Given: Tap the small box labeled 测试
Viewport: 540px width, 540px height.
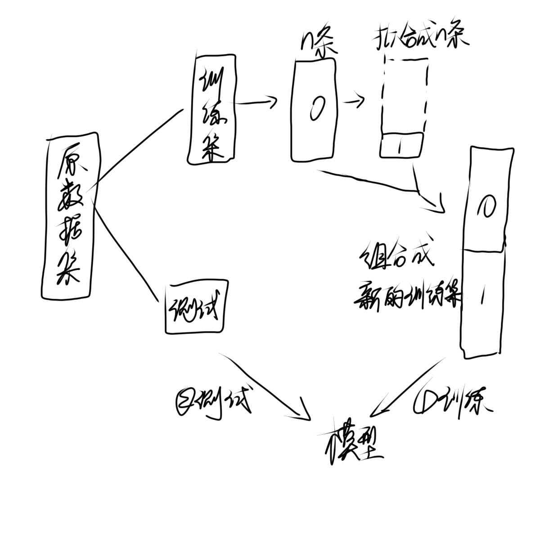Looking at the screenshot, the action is [194, 309].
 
